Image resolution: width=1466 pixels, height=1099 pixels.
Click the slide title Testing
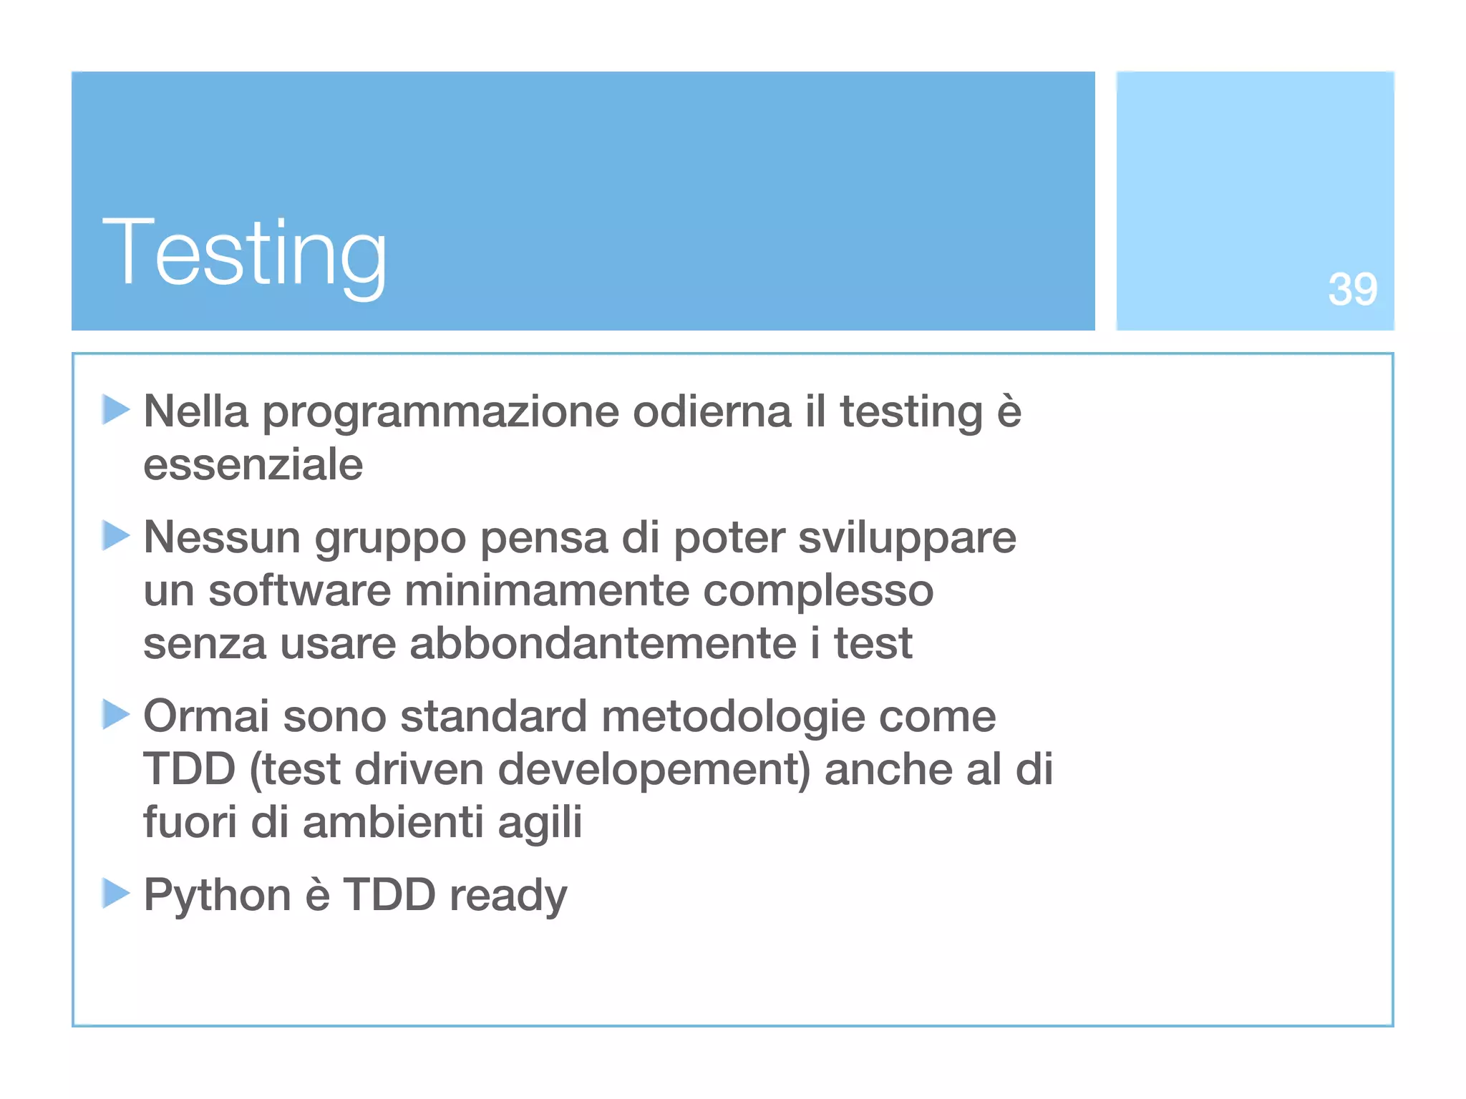click(245, 254)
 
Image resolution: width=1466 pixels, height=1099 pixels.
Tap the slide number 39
click(1352, 290)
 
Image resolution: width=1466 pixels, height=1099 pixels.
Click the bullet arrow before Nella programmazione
click(115, 410)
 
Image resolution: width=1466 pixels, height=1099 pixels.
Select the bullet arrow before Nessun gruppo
click(115, 535)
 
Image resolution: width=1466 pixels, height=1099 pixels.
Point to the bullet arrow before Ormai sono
click(115, 714)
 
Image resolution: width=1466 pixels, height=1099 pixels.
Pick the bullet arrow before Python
click(115, 893)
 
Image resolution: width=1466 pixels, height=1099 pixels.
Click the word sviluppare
click(907, 538)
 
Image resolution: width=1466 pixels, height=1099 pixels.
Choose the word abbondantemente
click(603, 643)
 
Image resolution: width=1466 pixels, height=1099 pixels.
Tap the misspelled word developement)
click(654, 770)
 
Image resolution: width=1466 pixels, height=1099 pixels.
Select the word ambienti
click(393, 821)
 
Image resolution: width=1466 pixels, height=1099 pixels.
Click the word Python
click(217, 896)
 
